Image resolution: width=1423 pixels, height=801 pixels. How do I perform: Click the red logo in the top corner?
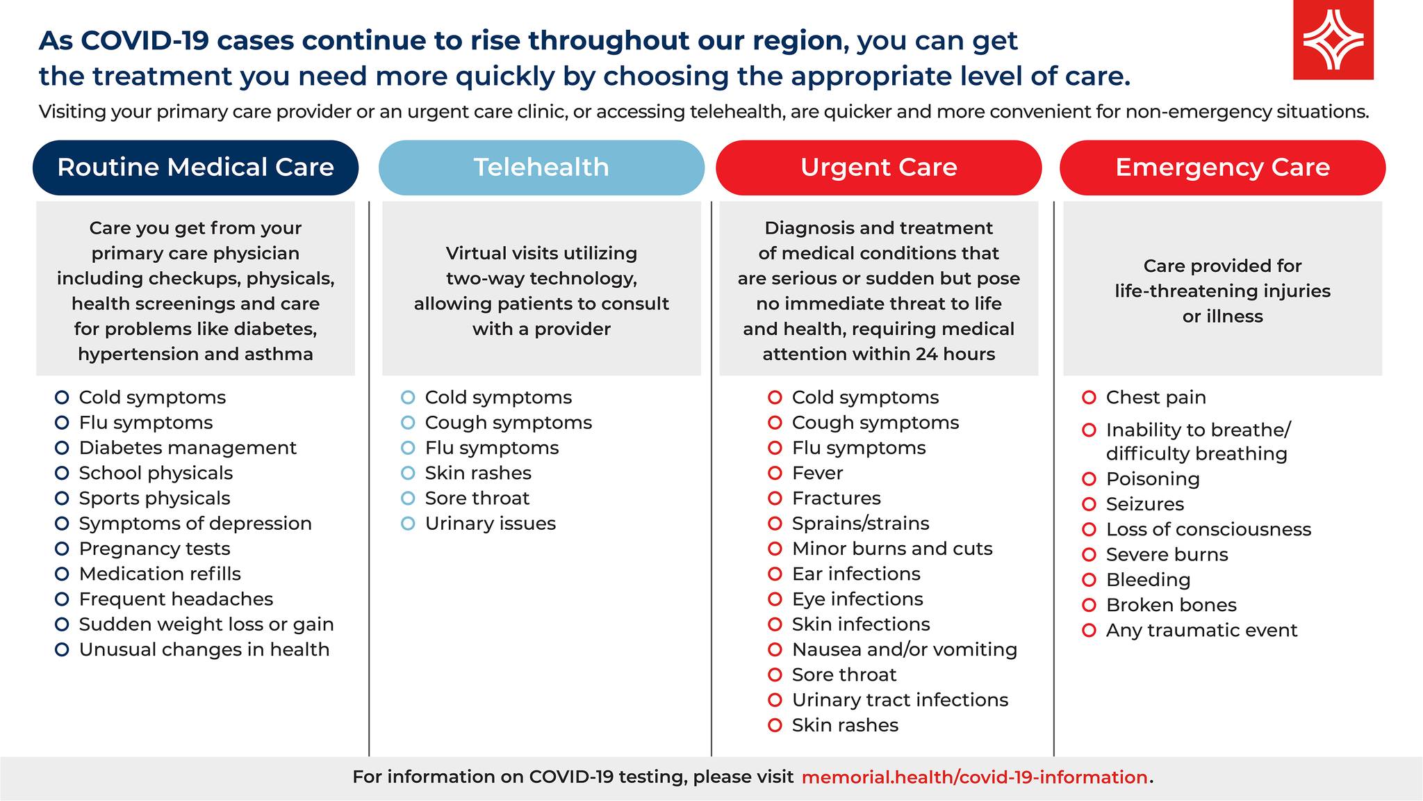(1333, 40)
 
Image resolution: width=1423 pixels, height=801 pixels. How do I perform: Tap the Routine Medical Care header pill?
(195, 168)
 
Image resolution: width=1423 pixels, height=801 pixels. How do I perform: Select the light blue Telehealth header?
(541, 168)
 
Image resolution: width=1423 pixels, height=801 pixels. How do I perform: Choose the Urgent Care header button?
(878, 168)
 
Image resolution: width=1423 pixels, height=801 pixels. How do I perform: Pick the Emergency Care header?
(1222, 168)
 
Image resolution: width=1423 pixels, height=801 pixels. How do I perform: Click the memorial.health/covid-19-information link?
(974, 777)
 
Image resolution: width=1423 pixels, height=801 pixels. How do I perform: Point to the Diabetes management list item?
(188, 448)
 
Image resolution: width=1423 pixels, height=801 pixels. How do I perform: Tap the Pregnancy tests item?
(154, 549)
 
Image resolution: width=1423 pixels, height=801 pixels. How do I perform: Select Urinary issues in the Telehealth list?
(491, 524)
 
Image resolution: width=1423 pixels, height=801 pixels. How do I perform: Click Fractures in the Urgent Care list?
(836, 499)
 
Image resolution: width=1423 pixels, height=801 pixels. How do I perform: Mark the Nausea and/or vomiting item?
(905, 649)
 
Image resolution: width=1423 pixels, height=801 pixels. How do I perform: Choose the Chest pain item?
(1156, 398)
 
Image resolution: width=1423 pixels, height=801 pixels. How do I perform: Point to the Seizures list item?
(1145, 504)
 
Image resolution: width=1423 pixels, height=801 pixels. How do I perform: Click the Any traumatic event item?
(1202, 631)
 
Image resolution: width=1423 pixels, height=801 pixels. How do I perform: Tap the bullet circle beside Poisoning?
(1089, 479)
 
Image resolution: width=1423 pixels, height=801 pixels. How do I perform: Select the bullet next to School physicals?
(62, 474)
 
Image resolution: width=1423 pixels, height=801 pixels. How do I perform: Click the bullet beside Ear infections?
(775, 574)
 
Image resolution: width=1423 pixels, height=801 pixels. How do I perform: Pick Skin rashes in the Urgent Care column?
(845, 725)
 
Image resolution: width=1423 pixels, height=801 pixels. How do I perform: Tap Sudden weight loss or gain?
(206, 624)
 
